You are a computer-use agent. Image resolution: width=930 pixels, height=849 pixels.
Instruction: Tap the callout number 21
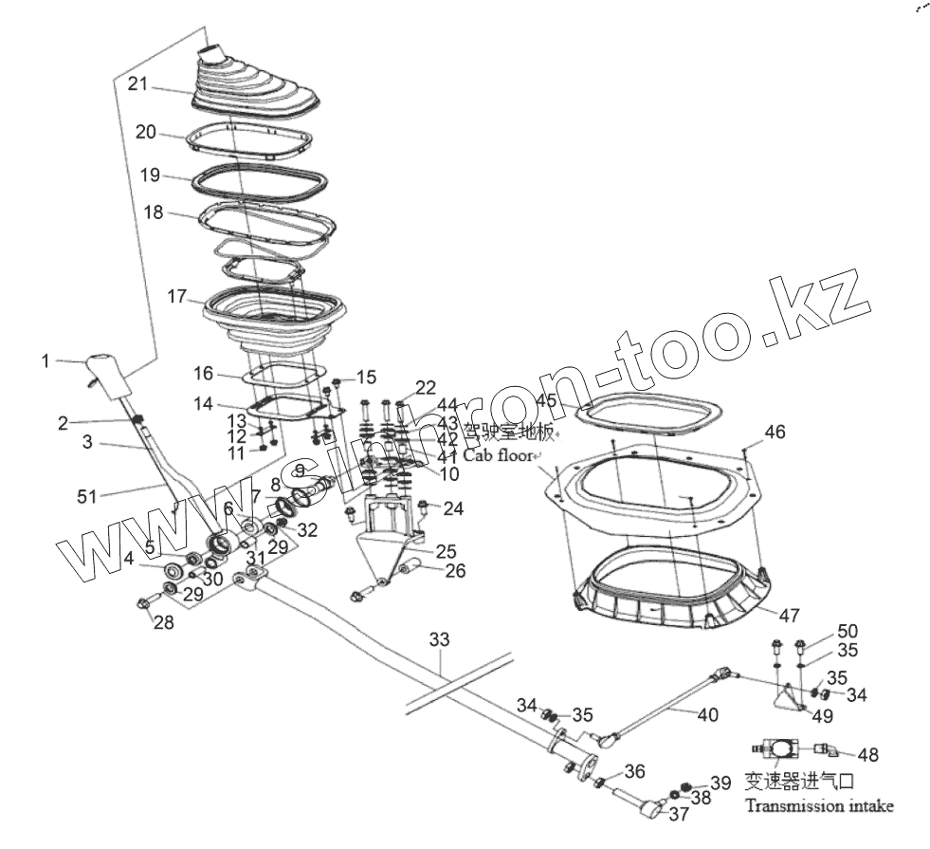[x=138, y=84]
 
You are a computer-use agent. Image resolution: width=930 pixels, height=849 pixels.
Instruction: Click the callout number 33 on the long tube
[x=438, y=640]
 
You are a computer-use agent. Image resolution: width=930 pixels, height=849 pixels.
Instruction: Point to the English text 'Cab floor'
[x=497, y=455]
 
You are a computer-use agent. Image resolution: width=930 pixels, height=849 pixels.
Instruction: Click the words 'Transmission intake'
[x=818, y=806]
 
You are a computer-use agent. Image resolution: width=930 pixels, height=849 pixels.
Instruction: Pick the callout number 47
[x=790, y=615]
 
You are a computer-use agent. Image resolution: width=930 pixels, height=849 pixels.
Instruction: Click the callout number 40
[x=707, y=714]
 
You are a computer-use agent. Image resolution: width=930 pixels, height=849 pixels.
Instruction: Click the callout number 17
[x=177, y=296]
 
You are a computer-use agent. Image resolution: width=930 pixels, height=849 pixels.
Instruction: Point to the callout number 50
[x=847, y=633]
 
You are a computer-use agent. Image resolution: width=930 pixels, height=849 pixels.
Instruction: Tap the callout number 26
[x=455, y=570]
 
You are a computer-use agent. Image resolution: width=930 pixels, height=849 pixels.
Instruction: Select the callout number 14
[x=203, y=404]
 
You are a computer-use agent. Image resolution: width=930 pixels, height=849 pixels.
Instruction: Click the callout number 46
[x=775, y=433]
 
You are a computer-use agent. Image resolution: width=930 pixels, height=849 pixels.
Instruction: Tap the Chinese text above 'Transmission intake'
[x=799, y=782]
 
